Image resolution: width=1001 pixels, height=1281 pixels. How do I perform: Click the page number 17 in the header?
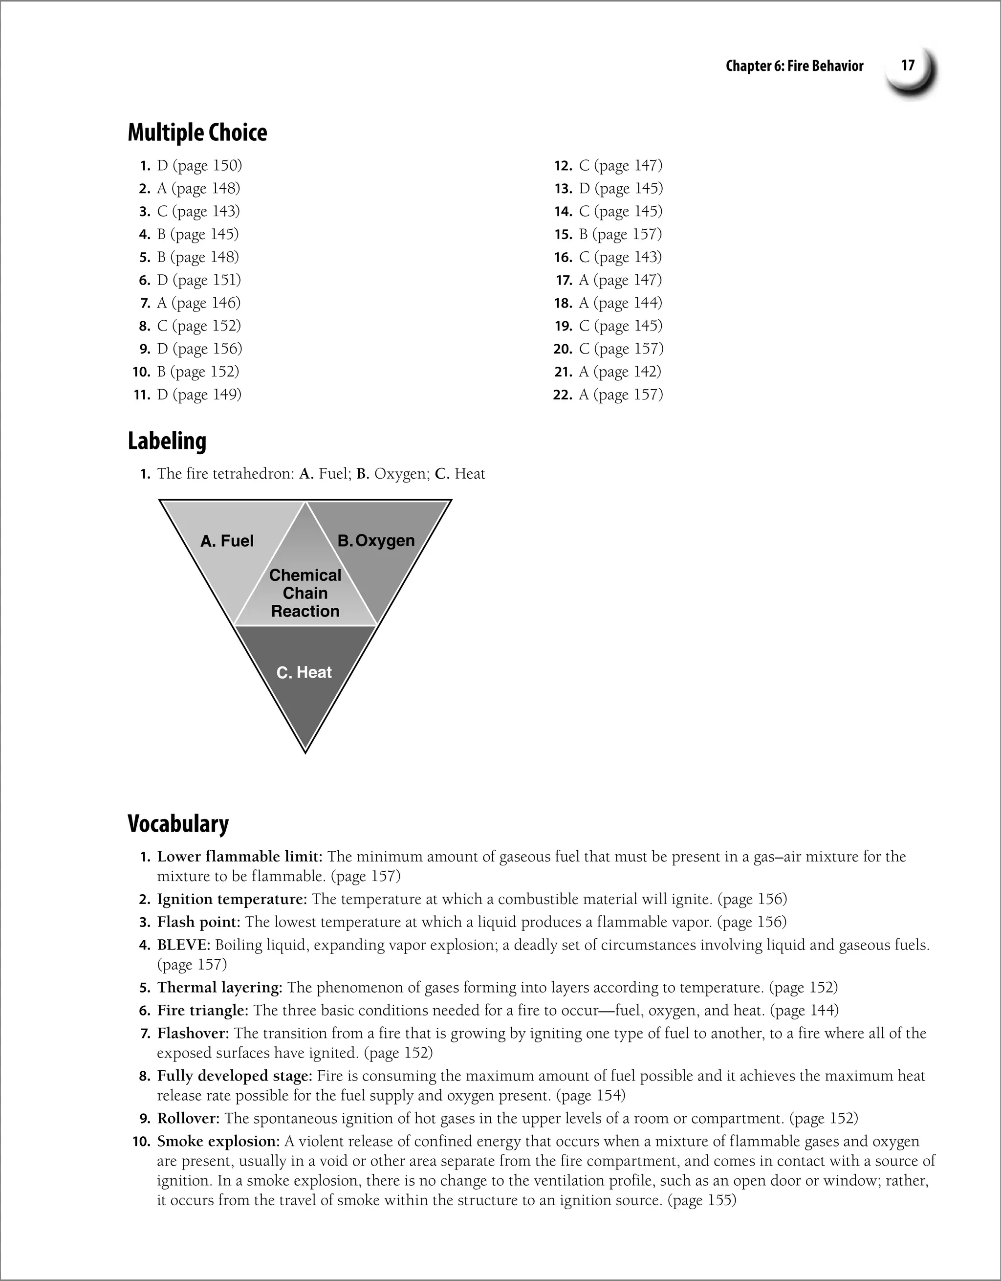coord(908,65)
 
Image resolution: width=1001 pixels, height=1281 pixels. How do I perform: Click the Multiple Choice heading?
coord(197,133)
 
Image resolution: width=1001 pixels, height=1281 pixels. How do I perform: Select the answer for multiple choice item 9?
coord(199,349)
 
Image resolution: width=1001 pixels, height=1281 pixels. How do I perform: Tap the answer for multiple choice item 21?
coord(619,372)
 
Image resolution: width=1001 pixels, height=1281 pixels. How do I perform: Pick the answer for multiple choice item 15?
coord(620,235)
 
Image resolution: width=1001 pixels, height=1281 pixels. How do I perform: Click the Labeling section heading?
coord(167,441)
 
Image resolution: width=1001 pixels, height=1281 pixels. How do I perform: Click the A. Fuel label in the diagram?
coord(227,541)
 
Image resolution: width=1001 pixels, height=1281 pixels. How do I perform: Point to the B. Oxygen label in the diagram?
coord(376,541)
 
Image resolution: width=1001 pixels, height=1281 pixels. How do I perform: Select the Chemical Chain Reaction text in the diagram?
coord(305,593)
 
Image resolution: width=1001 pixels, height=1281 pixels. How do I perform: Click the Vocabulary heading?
coord(178,823)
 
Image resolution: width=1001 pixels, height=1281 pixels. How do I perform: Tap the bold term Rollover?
coord(188,1119)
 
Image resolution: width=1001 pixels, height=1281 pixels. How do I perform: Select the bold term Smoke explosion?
coord(218,1141)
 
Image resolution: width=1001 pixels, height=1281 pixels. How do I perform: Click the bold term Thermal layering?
coord(219,988)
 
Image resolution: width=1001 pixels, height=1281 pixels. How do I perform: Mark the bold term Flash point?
coord(198,922)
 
